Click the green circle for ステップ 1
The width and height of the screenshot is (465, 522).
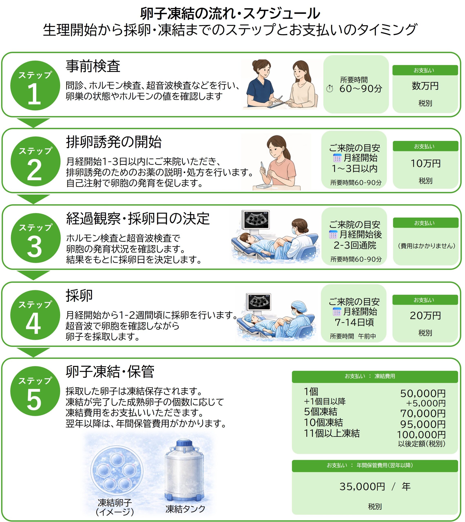pos(35,86)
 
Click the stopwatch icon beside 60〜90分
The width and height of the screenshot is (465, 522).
pos(330,89)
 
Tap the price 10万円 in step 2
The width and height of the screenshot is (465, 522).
pos(425,164)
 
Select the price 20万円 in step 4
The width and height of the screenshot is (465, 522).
pos(425,316)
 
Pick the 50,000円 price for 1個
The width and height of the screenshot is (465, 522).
pos(423,394)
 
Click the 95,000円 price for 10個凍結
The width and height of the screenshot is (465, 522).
pos(423,425)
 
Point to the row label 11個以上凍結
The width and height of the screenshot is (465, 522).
pos(332,433)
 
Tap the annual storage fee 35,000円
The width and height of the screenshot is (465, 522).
pos(362,487)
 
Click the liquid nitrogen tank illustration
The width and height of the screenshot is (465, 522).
pos(184,470)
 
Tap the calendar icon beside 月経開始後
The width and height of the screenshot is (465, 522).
pos(333,234)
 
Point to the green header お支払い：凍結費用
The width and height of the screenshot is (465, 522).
pos(375,376)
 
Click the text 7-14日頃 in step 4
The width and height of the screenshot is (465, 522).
pos(354,322)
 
